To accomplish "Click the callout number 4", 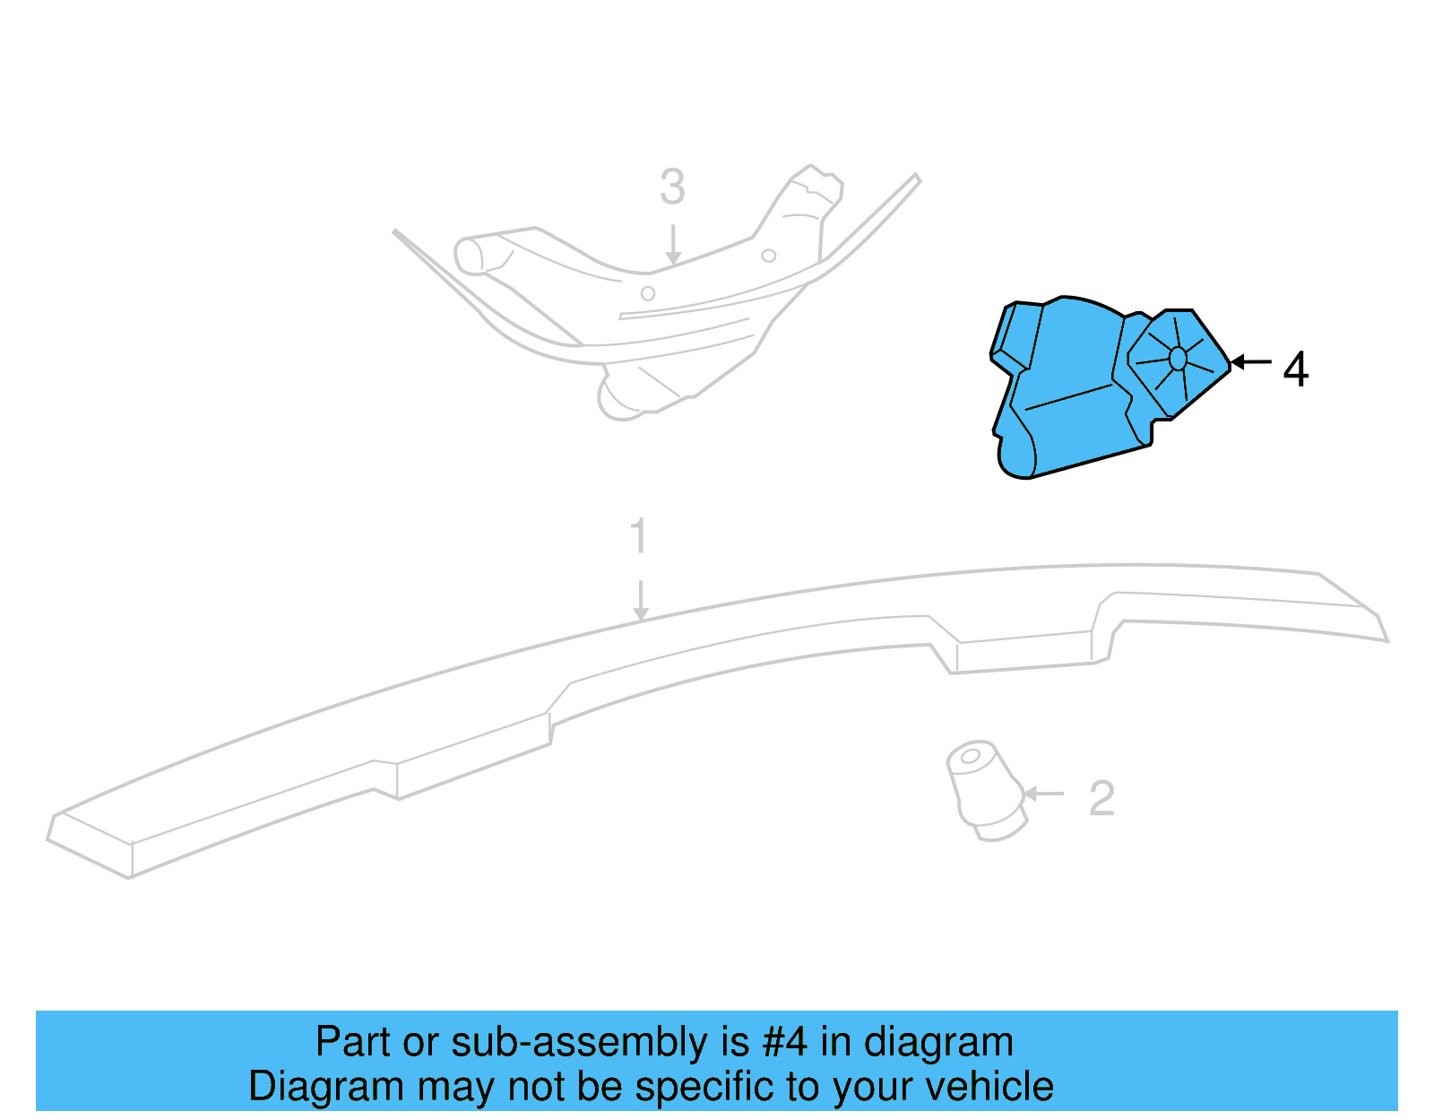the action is coord(1295,369).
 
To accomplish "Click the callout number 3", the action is coord(672,187).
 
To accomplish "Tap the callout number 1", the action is coord(638,536).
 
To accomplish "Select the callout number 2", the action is coord(1101,798).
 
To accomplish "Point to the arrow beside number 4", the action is coord(1251,362).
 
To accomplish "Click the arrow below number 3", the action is coord(673,245).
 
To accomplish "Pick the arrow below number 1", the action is coord(640,600).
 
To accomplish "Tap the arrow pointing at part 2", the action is coord(1043,794).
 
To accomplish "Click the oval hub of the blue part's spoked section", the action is coord(1178,359).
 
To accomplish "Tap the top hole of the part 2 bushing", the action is coord(970,756).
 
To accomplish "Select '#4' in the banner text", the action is coord(785,1042).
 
